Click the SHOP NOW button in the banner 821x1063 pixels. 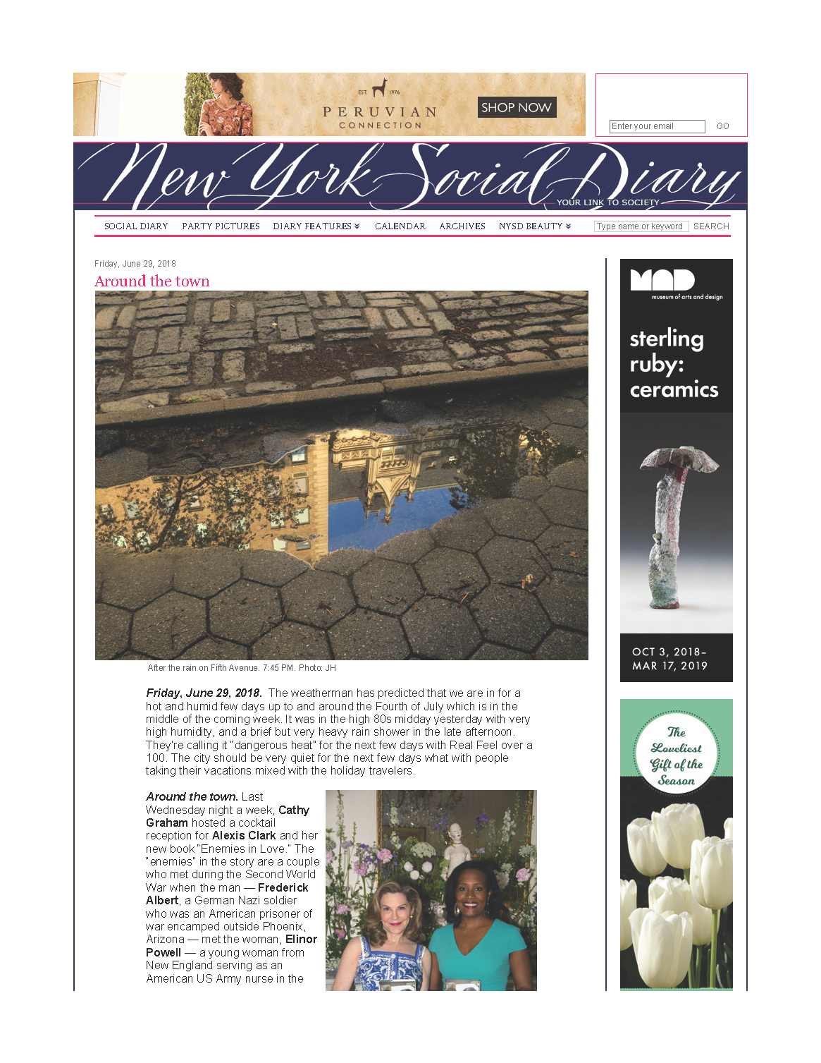tap(517, 107)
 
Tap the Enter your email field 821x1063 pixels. tap(656, 126)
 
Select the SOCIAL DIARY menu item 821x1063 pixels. tap(136, 226)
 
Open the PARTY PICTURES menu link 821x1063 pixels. tap(221, 226)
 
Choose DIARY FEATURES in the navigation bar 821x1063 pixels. tap(316, 226)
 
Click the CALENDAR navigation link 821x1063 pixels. tap(400, 226)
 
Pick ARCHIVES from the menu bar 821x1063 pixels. tap(462, 226)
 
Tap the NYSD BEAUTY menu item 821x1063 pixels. tap(534, 226)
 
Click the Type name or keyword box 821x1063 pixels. tap(641, 226)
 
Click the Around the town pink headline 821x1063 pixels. tap(152, 281)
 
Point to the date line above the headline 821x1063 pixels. tap(135, 264)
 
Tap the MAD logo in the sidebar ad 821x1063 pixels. tap(662, 281)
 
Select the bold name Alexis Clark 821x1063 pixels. tap(244, 836)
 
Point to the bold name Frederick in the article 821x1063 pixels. tap(283, 887)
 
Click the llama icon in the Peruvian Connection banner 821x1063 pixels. tap(380, 87)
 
